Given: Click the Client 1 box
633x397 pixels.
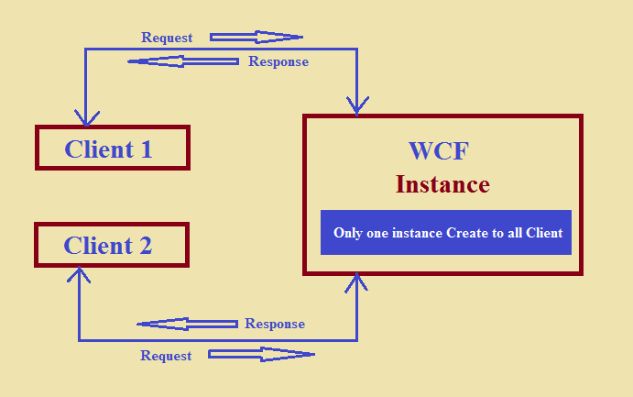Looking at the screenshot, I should (112, 149).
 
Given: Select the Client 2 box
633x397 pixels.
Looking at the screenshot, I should (111, 245).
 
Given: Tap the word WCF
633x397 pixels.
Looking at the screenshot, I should (438, 152).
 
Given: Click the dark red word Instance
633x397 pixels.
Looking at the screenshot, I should (442, 184).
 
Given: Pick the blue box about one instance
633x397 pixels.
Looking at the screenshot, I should (447, 233).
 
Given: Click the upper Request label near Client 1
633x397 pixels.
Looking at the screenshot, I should (167, 38).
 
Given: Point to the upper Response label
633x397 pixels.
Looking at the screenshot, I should (278, 61).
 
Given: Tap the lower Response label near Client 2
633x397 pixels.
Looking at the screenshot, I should (275, 324).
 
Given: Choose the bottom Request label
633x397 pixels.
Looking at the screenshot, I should (166, 355).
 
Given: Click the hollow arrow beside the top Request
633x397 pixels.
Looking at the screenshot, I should (256, 38).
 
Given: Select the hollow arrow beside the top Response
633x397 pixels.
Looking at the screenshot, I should (183, 61).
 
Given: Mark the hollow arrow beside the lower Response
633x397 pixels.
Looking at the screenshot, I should (187, 324).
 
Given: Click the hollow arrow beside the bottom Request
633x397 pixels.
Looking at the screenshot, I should (261, 354).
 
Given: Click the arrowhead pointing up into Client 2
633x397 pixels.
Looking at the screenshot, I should (80, 275).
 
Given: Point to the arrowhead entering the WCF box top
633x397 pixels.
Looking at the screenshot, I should (356, 107).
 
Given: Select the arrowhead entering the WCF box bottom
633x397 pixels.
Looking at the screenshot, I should (356, 282).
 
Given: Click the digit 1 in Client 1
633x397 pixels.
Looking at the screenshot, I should (146, 149).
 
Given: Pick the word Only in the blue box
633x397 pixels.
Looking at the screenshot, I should (347, 233).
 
